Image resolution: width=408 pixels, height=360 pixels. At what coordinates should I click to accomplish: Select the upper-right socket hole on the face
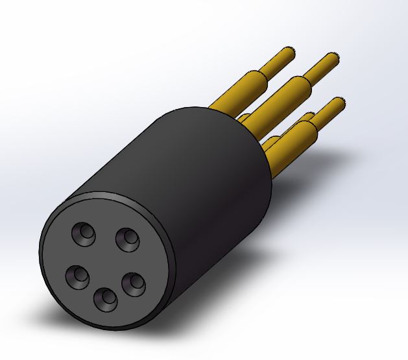pos(127,239)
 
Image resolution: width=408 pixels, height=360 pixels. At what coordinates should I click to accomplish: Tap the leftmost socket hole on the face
pos(78,277)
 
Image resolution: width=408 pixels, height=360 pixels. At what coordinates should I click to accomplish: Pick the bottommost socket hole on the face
pos(106,299)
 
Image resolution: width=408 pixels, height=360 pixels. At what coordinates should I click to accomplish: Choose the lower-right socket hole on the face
pos(133,283)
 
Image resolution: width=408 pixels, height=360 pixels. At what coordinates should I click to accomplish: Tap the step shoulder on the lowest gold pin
pos(315,119)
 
